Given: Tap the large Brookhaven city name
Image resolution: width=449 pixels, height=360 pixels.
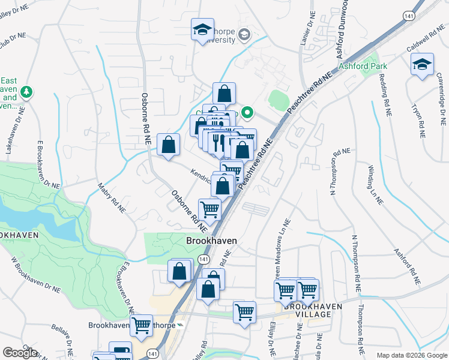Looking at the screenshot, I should click(211, 241).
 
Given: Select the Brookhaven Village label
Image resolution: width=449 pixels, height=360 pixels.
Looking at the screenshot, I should click(313, 310).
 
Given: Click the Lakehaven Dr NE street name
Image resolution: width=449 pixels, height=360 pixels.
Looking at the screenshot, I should click(15, 133).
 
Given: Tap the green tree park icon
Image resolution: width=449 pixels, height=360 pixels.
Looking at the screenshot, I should click(26, 92).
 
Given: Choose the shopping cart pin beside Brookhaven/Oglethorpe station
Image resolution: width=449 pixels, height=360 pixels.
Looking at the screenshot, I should click(142, 326).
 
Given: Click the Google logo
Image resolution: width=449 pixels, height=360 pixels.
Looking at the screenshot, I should click(20, 353).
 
